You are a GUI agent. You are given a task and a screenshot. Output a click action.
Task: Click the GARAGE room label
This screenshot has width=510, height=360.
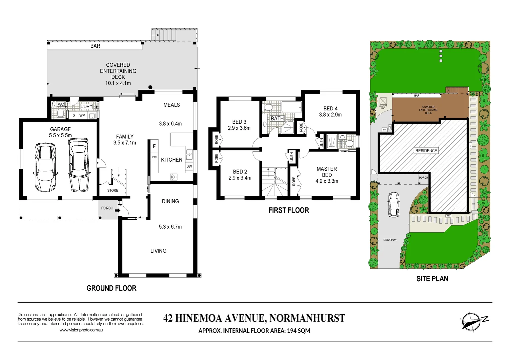pyautogui.click(x=60, y=129)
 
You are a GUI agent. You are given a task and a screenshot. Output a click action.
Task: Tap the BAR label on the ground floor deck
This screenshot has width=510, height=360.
pyautogui.click(x=95, y=46)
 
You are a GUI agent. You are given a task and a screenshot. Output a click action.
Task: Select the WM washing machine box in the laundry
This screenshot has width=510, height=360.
pyautogui.click(x=82, y=116)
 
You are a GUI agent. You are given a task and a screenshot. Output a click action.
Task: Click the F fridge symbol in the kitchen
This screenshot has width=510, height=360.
pyautogui.click(x=154, y=146)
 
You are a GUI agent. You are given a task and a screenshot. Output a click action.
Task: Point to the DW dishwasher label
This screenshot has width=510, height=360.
pyautogui.click(x=189, y=166)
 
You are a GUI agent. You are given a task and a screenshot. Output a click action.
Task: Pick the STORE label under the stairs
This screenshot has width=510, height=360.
pyautogui.click(x=113, y=190)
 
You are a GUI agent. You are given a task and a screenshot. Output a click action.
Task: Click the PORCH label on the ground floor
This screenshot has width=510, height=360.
pyautogui.click(x=107, y=208)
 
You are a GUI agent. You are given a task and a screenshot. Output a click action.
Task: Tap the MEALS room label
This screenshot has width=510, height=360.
pyautogui.click(x=171, y=105)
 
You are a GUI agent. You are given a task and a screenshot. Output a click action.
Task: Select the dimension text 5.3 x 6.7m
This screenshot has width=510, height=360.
pyautogui.click(x=170, y=227)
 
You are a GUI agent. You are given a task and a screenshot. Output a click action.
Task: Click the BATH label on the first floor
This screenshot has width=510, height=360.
pyautogui.click(x=277, y=118)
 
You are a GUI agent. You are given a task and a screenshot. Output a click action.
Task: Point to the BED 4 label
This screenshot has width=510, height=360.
pyautogui.click(x=330, y=109)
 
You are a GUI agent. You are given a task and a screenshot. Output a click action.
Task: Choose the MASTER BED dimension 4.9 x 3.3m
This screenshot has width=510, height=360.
pyautogui.click(x=327, y=181)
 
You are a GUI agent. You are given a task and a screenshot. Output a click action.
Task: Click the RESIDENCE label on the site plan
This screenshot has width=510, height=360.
pyautogui.click(x=426, y=151)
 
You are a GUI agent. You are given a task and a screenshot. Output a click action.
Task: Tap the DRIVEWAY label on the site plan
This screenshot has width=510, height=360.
pyautogui.click(x=390, y=240)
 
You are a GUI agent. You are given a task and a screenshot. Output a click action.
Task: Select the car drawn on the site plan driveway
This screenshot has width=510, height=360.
pyautogui.click(x=394, y=204)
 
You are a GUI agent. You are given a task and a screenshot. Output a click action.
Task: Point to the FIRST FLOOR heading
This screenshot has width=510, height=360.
pyautogui.click(x=289, y=210)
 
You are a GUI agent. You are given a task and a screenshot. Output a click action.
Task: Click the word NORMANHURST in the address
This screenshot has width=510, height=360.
pyautogui.click(x=307, y=318)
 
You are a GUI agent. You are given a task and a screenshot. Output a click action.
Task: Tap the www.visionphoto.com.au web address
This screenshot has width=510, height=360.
pyautogui.click(x=81, y=330)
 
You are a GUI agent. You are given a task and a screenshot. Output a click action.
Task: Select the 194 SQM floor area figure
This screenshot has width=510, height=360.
pyautogui.click(x=299, y=331)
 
